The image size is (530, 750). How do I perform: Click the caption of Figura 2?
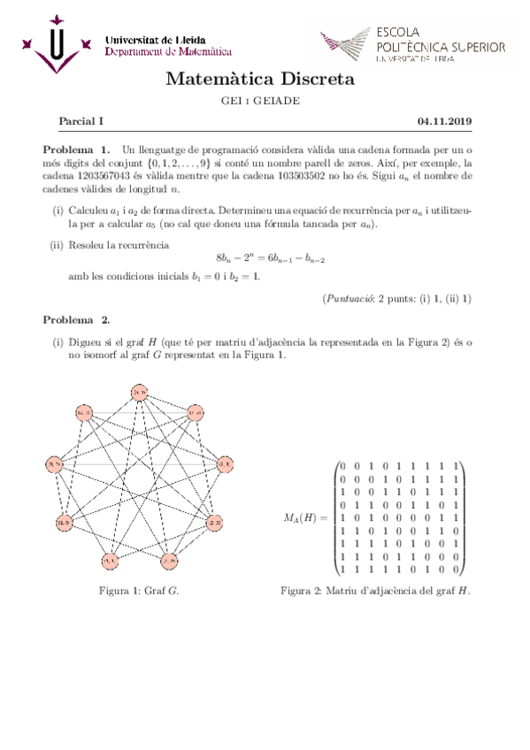pyautogui.click(x=374, y=589)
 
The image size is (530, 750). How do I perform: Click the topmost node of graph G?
pyautogui.click(x=140, y=391)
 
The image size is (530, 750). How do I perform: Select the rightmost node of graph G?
pyautogui.click(x=223, y=463)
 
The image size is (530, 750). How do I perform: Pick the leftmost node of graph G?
pyautogui.click(x=54, y=464)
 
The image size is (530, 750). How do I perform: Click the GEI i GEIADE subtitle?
pyautogui.click(x=260, y=101)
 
